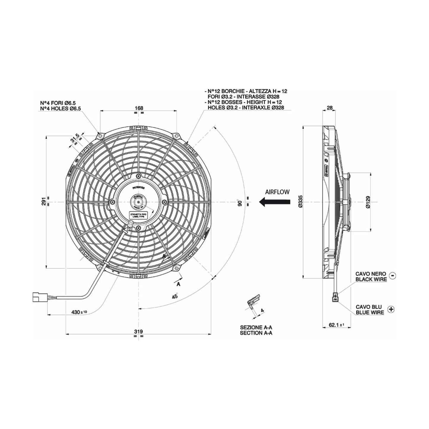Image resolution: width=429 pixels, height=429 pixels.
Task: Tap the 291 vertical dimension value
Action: tap(44, 202)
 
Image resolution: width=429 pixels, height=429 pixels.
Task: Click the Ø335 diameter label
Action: tap(300, 202)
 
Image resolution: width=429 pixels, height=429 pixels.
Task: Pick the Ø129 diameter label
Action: tap(368, 202)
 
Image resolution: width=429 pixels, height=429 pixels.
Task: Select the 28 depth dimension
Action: tap(330, 108)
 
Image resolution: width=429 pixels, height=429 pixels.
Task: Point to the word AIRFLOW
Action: tap(278, 192)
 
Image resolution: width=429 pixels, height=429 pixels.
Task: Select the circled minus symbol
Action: tap(392, 276)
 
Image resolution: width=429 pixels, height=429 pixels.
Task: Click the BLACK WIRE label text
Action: tap(371, 279)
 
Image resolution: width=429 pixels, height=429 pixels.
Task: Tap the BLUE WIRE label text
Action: tap(370, 312)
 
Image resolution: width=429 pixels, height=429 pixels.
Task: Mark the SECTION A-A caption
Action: tap(256, 333)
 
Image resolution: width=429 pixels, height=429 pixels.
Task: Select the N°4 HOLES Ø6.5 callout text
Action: tap(60, 109)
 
